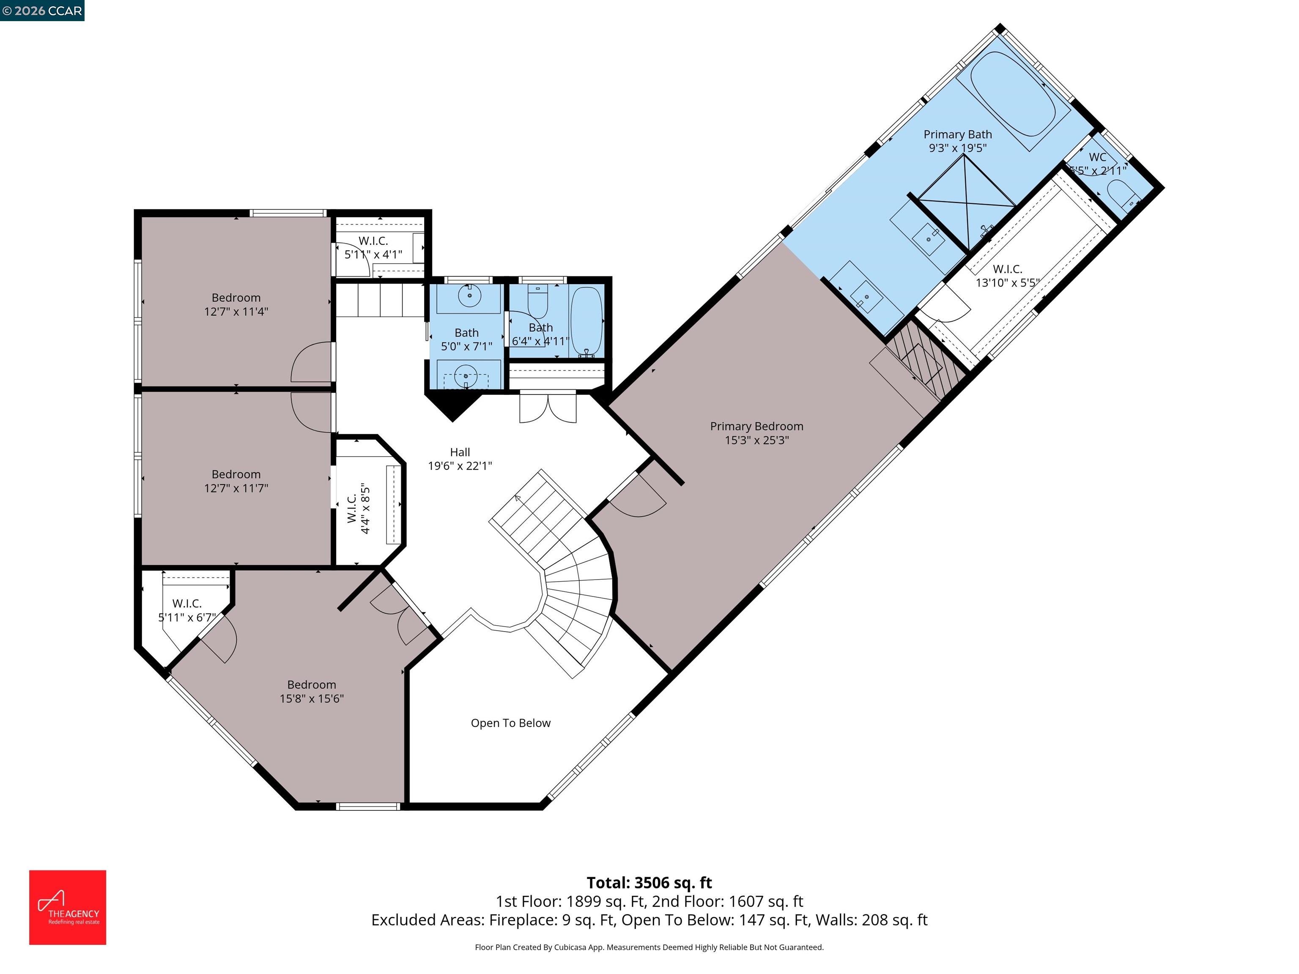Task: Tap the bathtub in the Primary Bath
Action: click(x=1012, y=94)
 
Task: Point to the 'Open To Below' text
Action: click(x=510, y=723)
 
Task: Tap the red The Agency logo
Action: click(x=68, y=907)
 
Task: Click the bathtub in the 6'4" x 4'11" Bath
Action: click(x=586, y=320)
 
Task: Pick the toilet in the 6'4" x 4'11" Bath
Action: click(x=537, y=301)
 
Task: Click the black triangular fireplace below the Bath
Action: click(x=453, y=405)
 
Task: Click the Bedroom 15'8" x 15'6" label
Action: click(x=311, y=692)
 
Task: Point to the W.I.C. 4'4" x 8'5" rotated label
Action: click(x=358, y=509)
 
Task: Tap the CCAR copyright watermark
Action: click(x=42, y=11)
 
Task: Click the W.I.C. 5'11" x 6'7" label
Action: click(x=187, y=610)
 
